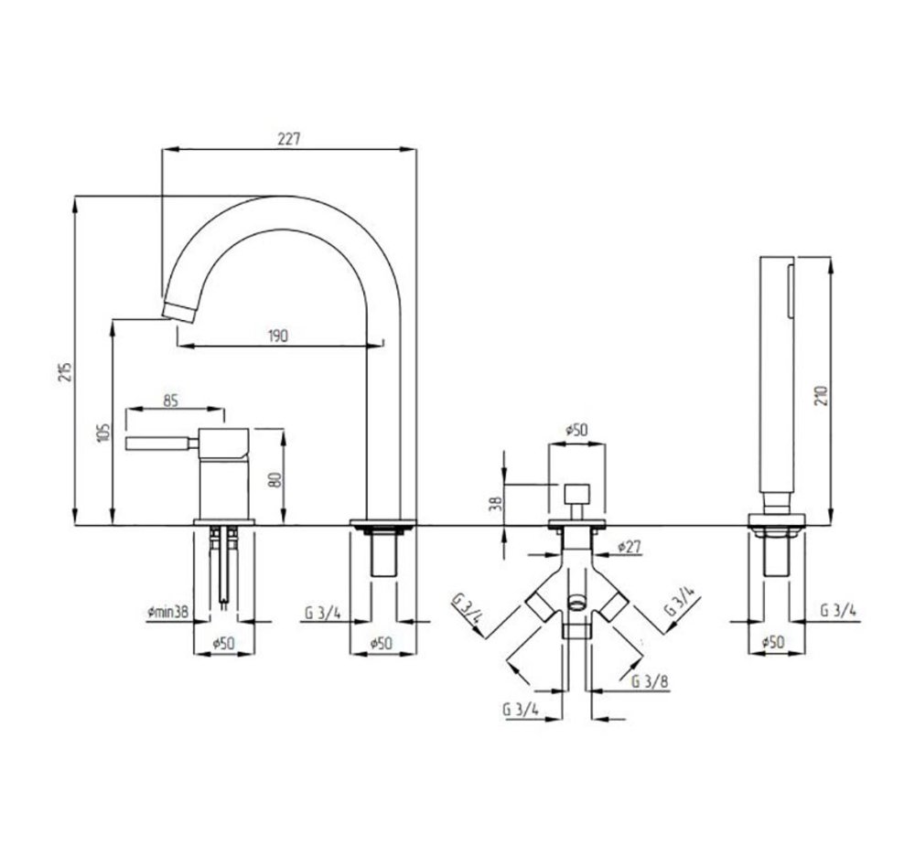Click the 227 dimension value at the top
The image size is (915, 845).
pyautogui.click(x=288, y=139)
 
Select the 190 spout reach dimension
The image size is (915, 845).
pyautogui.click(x=278, y=336)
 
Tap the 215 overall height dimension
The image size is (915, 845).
pyautogui.click(x=66, y=371)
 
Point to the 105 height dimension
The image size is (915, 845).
pyautogui.click(x=103, y=433)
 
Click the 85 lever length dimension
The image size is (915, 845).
pyautogui.click(x=170, y=401)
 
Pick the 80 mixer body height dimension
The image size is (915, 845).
pyautogui.click(x=276, y=479)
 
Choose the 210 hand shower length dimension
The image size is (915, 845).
pyautogui.click(x=822, y=396)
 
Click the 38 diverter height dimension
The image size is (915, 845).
pyautogui.click(x=495, y=503)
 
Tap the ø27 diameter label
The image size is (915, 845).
pyautogui.click(x=630, y=547)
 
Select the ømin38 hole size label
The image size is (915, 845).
pyautogui.click(x=168, y=612)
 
